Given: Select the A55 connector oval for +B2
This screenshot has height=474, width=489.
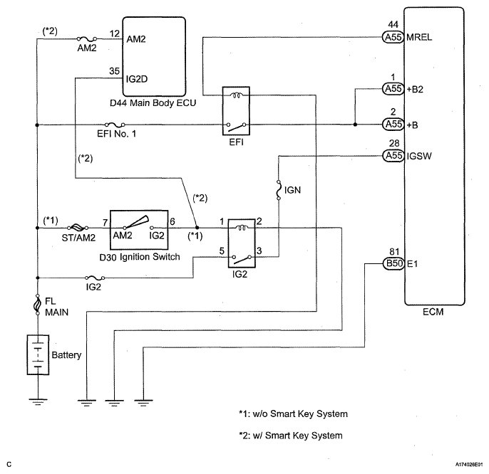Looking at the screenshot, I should [x=391, y=89].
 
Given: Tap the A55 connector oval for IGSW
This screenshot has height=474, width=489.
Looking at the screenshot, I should [x=391, y=154].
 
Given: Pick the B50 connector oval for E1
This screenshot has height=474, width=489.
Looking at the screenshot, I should [x=391, y=263].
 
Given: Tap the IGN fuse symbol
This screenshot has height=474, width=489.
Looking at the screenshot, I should [x=276, y=190].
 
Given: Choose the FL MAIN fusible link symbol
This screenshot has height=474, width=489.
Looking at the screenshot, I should [x=36, y=306].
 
